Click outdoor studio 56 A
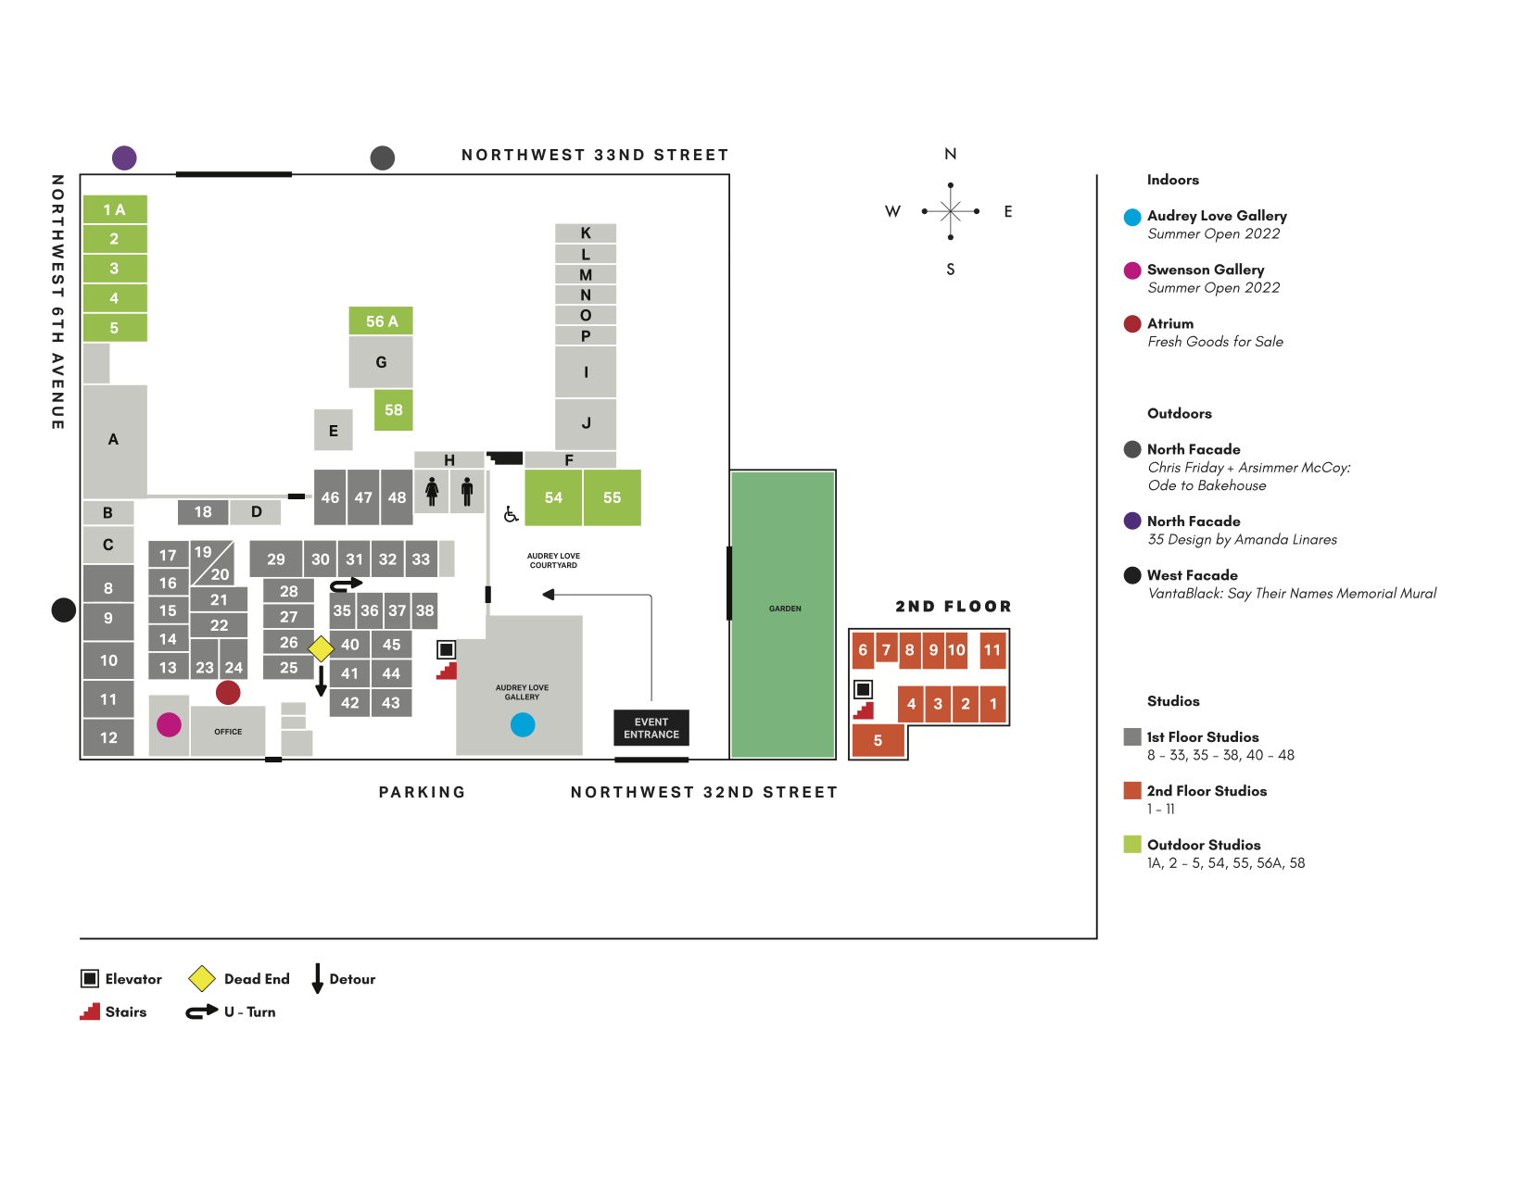pyautogui.click(x=381, y=320)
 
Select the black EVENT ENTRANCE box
pyautogui.click(x=651, y=728)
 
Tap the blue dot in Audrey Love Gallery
pyautogui.click(x=523, y=724)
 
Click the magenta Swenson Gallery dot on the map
pyautogui.click(x=169, y=724)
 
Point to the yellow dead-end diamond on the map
pyautogui.click(x=321, y=648)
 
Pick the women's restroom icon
pyautogui.click(x=432, y=491)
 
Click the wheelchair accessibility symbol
pyautogui.click(x=511, y=514)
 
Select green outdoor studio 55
pyautogui.click(x=612, y=497)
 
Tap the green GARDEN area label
pyautogui.click(x=785, y=609)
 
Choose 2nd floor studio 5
pyautogui.click(x=878, y=740)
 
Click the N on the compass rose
pyautogui.click(x=950, y=154)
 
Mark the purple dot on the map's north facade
pyautogui.click(x=124, y=157)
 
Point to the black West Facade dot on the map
pyautogui.click(x=63, y=609)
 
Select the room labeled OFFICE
pyautogui.click(x=228, y=732)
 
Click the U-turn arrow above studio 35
pyautogui.click(x=347, y=584)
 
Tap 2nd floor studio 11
pyautogui.click(x=992, y=650)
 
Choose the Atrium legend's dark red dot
pyautogui.click(x=1131, y=324)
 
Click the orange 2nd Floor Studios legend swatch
pyautogui.click(x=1131, y=791)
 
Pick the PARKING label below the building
pyautogui.click(x=422, y=792)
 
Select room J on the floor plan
pyautogui.click(x=586, y=423)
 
